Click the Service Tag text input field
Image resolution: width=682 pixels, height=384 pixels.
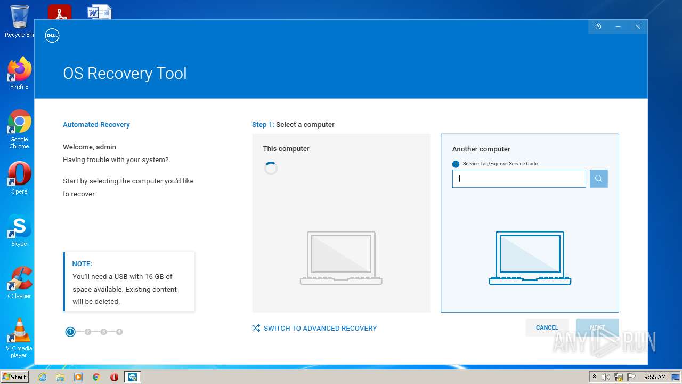[x=518, y=179]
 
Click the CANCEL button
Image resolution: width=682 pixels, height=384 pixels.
[x=547, y=327]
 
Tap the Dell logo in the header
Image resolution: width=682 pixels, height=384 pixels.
[x=52, y=36]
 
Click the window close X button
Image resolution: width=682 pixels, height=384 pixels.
[x=638, y=27]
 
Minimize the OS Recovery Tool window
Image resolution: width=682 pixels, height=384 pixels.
[x=618, y=27]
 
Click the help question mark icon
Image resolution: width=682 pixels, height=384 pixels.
[x=598, y=27]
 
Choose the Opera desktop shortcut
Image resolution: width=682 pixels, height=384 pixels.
[x=19, y=176]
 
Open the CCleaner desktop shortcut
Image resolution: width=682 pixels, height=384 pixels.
[x=19, y=281]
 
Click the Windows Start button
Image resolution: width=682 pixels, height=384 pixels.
[x=14, y=377]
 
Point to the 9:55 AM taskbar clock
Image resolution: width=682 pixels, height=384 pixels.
[x=655, y=377]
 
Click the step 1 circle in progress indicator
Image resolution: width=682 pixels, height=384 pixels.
[x=70, y=332]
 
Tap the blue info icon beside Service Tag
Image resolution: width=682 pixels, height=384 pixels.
[x=456, y=164]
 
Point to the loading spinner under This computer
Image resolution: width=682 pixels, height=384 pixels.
[x=271, y=169]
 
